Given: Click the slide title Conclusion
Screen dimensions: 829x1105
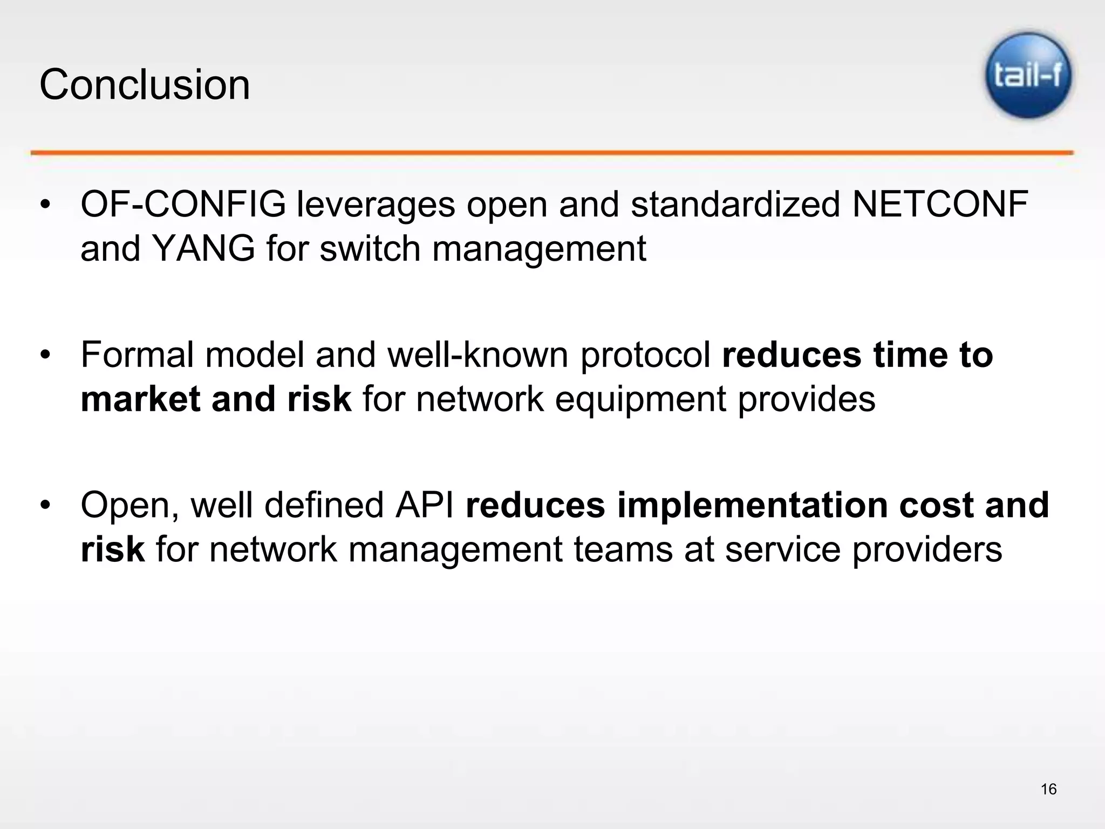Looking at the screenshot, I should [x=145, y=85].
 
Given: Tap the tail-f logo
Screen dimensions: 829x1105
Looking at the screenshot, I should [x=1028, y=76].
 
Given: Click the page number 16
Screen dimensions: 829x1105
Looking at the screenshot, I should [x=1048, y=789].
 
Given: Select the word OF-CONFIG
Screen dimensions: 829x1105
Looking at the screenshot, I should [x=183, y=205].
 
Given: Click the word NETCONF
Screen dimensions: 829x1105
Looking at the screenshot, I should [x=940, y=205].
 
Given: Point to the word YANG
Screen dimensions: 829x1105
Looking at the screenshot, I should [x=203, y=249].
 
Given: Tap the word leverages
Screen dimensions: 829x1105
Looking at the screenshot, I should [x=376, y=206].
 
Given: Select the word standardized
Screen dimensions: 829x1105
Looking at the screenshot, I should [x=735, y=205].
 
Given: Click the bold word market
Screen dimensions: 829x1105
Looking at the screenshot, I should [x=140, y=399].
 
